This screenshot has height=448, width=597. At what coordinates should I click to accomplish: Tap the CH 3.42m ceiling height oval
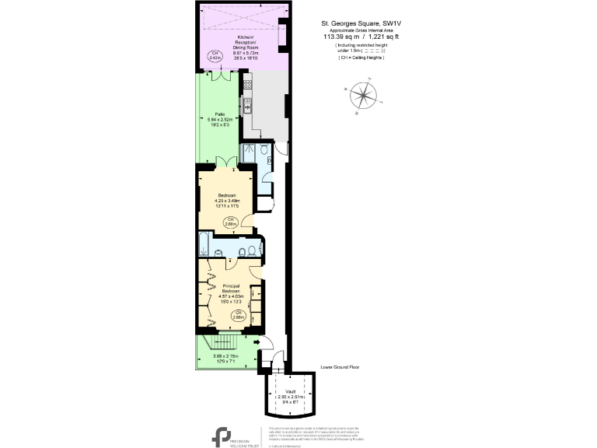click(x=214, y=55)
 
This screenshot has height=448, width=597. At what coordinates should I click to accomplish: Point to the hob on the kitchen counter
click(x=249, y=84)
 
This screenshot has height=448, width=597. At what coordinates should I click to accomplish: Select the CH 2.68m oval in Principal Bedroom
click(x=239, y=315)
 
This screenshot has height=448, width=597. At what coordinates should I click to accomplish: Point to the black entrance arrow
click(x=257, y=340)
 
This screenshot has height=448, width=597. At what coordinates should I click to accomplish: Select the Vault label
click(x=289, y=391)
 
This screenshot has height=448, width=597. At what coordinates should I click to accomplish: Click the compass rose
click(x=361, y=97)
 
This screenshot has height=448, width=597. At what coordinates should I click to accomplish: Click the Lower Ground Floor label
click(x=340, y=367)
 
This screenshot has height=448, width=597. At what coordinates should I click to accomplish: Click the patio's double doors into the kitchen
click(x=221, y=76)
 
